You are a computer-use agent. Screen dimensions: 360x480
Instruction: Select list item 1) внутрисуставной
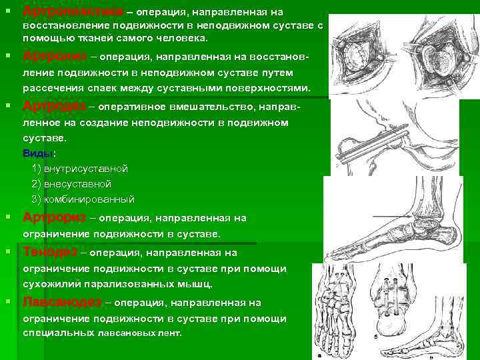click(x=79, y=169)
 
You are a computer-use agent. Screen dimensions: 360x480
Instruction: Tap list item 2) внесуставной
click(x=71, y=183)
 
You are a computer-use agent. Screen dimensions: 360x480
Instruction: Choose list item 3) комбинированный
click(x=83, y=199)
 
